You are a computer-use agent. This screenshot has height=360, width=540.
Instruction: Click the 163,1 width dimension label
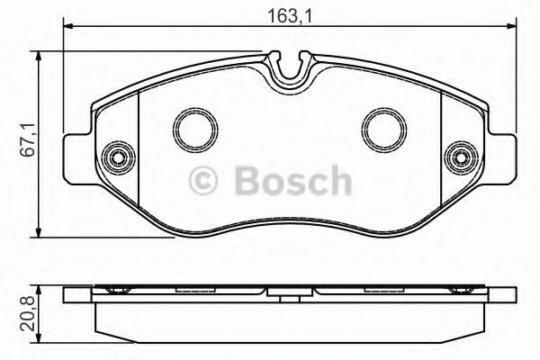pos(289,15)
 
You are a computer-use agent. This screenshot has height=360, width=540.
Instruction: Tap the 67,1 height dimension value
pos(28,139)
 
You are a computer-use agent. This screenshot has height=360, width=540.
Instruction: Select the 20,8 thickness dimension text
pos(28,314)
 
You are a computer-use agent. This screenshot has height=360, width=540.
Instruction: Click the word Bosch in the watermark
pos(292,180)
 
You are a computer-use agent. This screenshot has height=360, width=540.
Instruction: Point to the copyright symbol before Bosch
pos(202,180)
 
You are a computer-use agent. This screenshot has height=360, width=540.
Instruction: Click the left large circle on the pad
pos(195,130)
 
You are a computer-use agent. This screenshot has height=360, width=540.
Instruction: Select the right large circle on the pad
pos(384,130)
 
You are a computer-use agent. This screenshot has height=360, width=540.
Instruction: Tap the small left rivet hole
pos(119,157)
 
